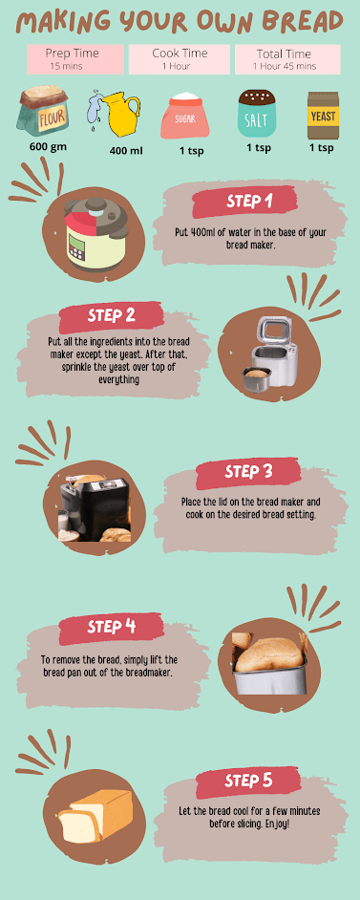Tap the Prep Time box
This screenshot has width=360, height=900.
[x=75, y=59]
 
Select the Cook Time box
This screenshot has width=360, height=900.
[x=180, y=59]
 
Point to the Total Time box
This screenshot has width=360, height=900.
[x=287, y=59]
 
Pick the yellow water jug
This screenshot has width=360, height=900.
[x=117, y=114]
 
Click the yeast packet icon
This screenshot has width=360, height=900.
[x=323, y=116]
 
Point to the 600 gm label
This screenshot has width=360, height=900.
[x=48, y=146]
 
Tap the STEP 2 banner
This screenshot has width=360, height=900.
[x=111, y=316]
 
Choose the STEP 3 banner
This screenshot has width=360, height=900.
[x=248, y=472]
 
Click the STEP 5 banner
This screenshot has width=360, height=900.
[x=248, y=782]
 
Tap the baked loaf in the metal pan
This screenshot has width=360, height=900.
[x=270, y=663]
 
